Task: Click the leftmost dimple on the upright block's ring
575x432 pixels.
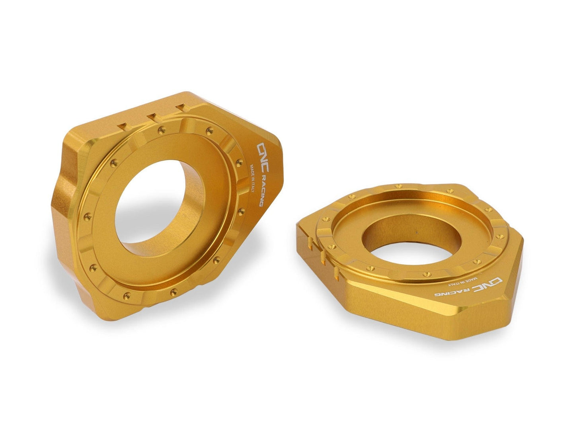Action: point(85,217)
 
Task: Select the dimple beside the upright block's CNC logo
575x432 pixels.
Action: point(239,161)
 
